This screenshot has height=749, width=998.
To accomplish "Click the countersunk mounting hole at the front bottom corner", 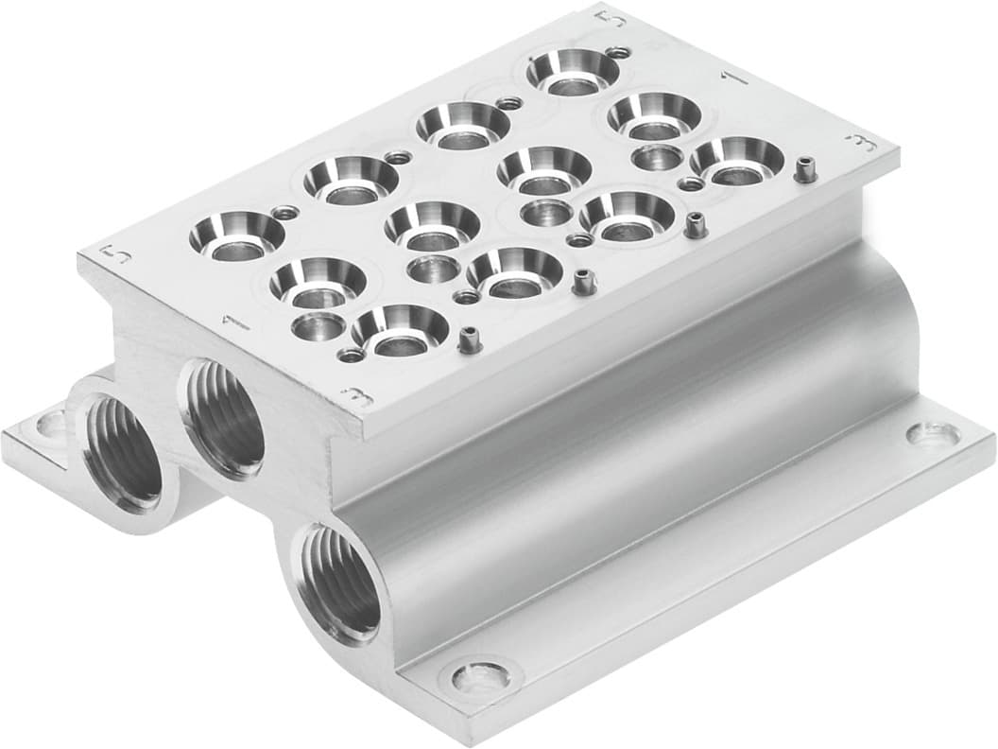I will [x=479, y=676].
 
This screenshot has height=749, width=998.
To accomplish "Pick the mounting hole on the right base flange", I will [x=931, y=434].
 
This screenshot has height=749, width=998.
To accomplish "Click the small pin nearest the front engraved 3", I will [x=466, y=338].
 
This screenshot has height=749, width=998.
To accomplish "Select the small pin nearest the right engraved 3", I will [x=804, y=170].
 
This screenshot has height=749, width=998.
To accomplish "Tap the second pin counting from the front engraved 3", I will [x=582, y=281].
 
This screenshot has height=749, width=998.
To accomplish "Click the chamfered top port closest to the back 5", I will [x=572, y=72].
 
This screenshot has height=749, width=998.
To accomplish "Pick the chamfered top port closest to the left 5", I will [x=236, y=235].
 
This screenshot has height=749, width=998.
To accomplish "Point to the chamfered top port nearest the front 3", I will [x=400, y=329].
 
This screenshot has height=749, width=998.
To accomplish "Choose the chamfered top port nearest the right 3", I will [x=736, y=160].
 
